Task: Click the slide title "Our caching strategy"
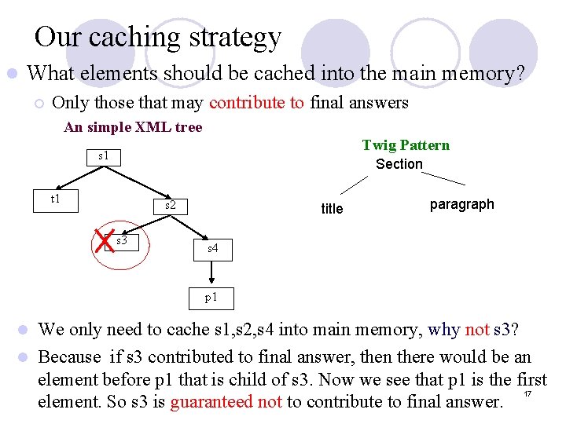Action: pyautogui.click(x=157, y=37)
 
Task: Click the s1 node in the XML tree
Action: pyautogui.click(x=103, y=156)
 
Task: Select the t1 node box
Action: pyautogui.click(x=55, y=199)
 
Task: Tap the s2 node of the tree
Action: pyautogui.click(x=170, y=207)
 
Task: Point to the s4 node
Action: pyautogui.click(x=213, y=248)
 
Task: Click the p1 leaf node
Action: pyautogui.click(x=211, y=298)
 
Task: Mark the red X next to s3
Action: pyautogui.click(x=104, y=243)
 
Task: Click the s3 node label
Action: pyautogui.click(x=122, y=241)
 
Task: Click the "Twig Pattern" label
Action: pyautogui.click(x=406, y=145)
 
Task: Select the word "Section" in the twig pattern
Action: pyautogui.click(x=399, y=163)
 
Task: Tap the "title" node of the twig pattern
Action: pyautogui.click(x=332, y=208)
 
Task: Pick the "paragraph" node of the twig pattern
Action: pyautogui.click(x=461, y=204)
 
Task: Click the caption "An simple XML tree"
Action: pyautogui.click(x=133, y=127)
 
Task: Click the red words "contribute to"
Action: pyautogui.click(x=257, y=103)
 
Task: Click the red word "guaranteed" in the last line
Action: pyautogui.click(x=211, y=402)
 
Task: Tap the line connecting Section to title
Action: pyautogui.click(x=353, y=185)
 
